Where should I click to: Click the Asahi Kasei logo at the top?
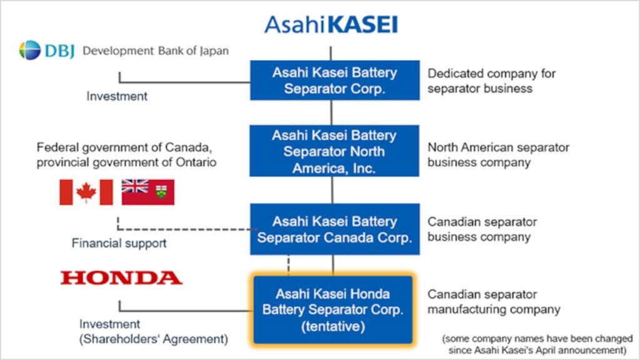point(331,24)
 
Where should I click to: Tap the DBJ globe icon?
point(30,50)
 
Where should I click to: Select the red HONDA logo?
point(121,277)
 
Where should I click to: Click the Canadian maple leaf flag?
point(86,192)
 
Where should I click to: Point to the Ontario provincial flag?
point(147,192)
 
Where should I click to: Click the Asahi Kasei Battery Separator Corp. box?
point(335,80)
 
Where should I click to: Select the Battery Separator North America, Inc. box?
point(334,151)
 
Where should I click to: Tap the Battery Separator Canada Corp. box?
point(335,229)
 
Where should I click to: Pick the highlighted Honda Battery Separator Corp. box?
point(333,310)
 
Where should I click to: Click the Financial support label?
point(119,243)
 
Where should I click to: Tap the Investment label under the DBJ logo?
point(117,96)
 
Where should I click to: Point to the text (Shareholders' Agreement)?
point(154,339)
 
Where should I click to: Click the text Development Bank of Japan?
point(156,51)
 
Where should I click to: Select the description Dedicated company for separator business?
point(491,81)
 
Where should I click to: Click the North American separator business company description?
point(498,155)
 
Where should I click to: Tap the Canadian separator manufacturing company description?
point(494,302)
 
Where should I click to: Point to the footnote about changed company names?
point(537,344)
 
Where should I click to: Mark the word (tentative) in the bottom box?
point(333,326)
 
